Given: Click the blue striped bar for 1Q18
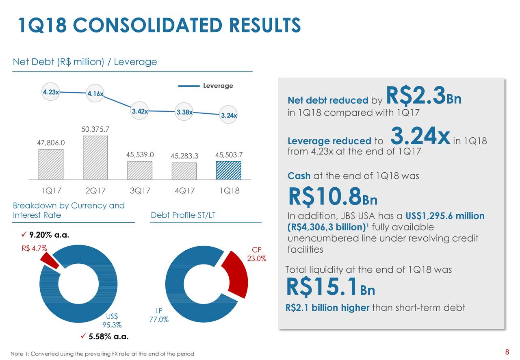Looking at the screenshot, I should [x=229, y=170].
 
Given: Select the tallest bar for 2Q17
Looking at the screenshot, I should [x=95, y=157].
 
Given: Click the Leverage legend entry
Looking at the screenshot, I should [x=206, y=86].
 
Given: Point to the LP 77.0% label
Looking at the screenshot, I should [x=159, y=315].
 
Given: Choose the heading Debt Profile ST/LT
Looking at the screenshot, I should [x=183, y=215].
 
